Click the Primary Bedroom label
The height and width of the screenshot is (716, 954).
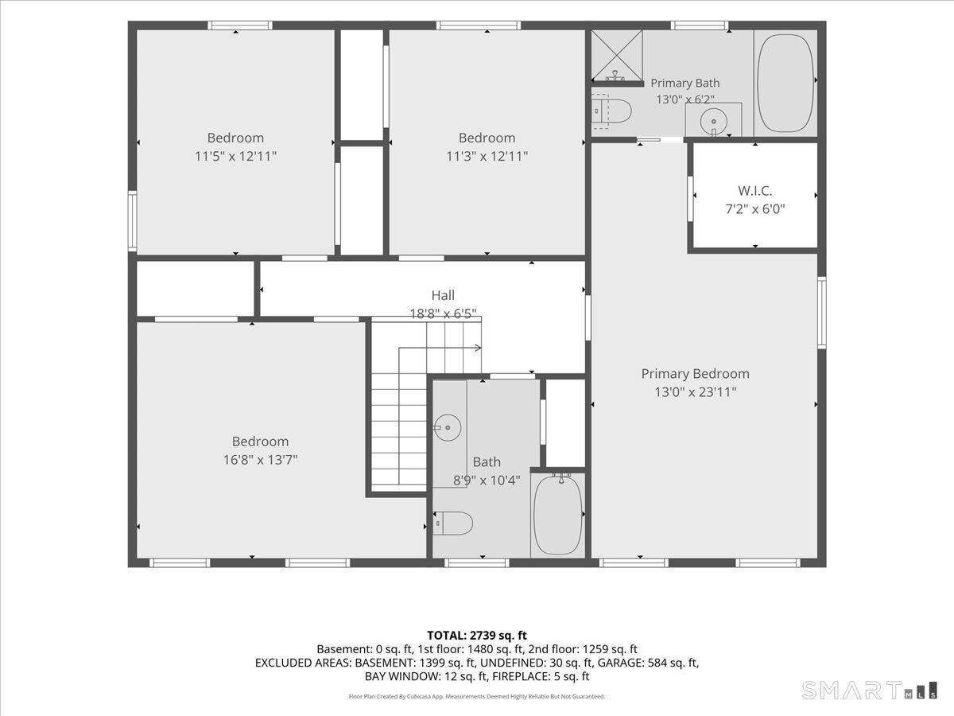(695, 373)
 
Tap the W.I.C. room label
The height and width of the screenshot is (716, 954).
(755, 190)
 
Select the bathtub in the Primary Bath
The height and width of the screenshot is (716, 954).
(785, 83)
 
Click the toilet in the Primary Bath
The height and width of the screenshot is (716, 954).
(611, 111)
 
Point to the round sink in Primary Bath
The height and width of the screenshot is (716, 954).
(713, 121)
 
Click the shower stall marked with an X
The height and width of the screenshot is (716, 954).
(617, 55)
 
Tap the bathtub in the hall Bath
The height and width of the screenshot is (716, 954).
(557, 516)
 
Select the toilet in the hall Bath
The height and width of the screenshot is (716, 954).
(453, 523)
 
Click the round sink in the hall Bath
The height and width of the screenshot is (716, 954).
(448, 428)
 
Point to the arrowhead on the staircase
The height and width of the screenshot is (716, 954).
(478, 348)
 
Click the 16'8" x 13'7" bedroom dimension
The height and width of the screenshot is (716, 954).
(260, 460)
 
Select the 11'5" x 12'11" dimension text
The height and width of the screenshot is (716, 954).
(235, 156)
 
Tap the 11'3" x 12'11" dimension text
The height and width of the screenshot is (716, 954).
(487, 156)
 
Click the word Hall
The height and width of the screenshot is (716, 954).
(443, 295)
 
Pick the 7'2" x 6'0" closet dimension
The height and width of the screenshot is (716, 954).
(755, 209)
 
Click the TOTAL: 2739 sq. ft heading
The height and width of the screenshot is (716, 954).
(477, 636)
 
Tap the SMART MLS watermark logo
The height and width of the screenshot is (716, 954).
(870, 690)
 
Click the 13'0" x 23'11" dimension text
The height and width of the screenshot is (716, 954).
(696, 392)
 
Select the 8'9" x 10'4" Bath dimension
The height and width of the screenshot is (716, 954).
(487, 481)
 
